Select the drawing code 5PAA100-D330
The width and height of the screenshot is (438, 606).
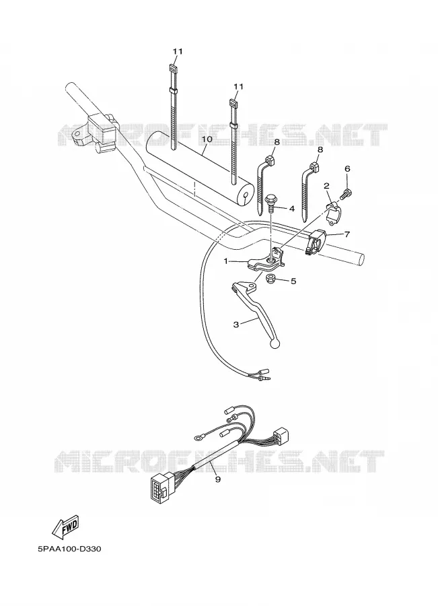point(69,549)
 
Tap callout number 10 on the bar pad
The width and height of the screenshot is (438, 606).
point(207,138)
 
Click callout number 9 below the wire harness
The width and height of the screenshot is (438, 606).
point(218,479)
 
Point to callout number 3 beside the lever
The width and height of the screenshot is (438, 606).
point(236,325)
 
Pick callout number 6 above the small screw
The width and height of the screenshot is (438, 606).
point(347,168)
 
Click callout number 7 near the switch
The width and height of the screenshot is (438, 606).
point(347,234)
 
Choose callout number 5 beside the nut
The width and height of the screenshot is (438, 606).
point(293,281)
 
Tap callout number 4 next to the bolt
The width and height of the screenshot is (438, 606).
point(291,209)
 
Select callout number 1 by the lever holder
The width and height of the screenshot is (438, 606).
point(226,262)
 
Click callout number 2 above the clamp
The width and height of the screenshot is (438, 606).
point(326,186)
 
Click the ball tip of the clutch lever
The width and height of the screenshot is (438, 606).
point(276,343)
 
